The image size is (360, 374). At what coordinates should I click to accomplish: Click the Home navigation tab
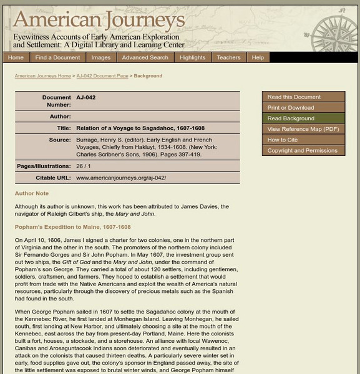(x=16, y=57)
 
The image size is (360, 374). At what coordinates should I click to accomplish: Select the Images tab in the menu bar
(x=100, y=57)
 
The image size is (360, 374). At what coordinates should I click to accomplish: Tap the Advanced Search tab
(x=145, y=57)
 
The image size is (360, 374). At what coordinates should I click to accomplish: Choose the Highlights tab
(x=192, y=57)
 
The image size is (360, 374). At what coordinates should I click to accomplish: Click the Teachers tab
(x=228, y=57)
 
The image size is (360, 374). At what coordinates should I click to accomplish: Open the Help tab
(x=258, y=57)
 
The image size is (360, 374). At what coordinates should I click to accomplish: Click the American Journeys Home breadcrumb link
(x=42, y=76)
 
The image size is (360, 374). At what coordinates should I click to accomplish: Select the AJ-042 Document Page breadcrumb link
(x=102, y=76)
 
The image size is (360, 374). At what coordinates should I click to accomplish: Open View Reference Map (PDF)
(x=303, y=129)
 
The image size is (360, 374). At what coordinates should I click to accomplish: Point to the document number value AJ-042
(x=86, y=97)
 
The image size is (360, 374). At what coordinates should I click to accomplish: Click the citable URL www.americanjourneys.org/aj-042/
(x=121, y=178)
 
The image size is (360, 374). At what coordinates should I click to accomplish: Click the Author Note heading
(x=32, y=193)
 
